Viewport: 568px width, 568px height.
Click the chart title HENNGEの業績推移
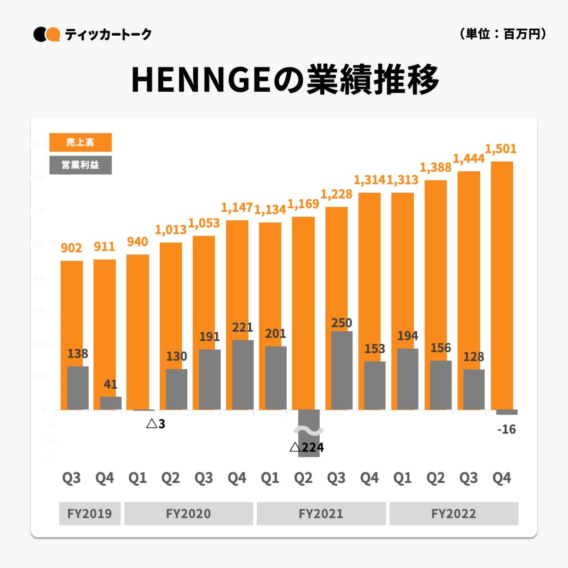tap(285, 80)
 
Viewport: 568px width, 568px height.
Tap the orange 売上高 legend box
tap(80, 143)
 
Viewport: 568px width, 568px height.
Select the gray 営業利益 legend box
tap(80, 165)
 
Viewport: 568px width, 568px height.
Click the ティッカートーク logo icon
tap(47, 34)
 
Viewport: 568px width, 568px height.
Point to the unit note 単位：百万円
tap(502, 34)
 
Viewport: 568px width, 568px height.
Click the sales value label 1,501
tap(501, 149)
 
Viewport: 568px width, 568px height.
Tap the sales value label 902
tap(71, 248)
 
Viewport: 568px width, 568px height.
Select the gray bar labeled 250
tap(342, 370)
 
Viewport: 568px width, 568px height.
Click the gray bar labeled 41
tap(111, 403)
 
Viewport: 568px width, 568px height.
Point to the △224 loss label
tap(307, 447)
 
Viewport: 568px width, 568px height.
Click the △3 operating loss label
tap(156, 424)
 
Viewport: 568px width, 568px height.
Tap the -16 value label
tap(506, 429)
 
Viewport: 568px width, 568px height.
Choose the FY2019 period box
tap(90, 514)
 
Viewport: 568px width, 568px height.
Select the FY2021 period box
tap(321, 514)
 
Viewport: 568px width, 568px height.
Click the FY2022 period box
tap(453, 514)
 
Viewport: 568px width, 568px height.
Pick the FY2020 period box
tap(188, 514)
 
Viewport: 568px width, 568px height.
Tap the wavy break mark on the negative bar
tap(308, 431)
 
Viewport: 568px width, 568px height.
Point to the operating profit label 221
tap(243, 328)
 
